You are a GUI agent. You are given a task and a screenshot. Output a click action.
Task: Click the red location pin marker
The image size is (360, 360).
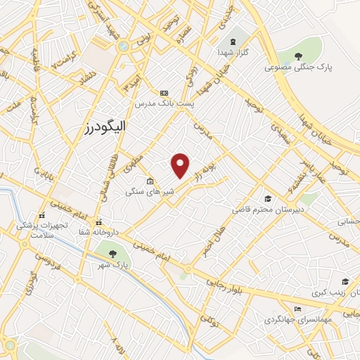point(181,165)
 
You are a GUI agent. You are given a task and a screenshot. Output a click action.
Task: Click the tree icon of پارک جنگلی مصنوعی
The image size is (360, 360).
point(298,58)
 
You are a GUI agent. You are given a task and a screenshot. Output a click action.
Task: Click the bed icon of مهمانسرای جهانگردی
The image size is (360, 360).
point(298,309)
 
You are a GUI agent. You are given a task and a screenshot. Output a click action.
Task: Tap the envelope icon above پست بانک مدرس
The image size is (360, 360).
point(165,93)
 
